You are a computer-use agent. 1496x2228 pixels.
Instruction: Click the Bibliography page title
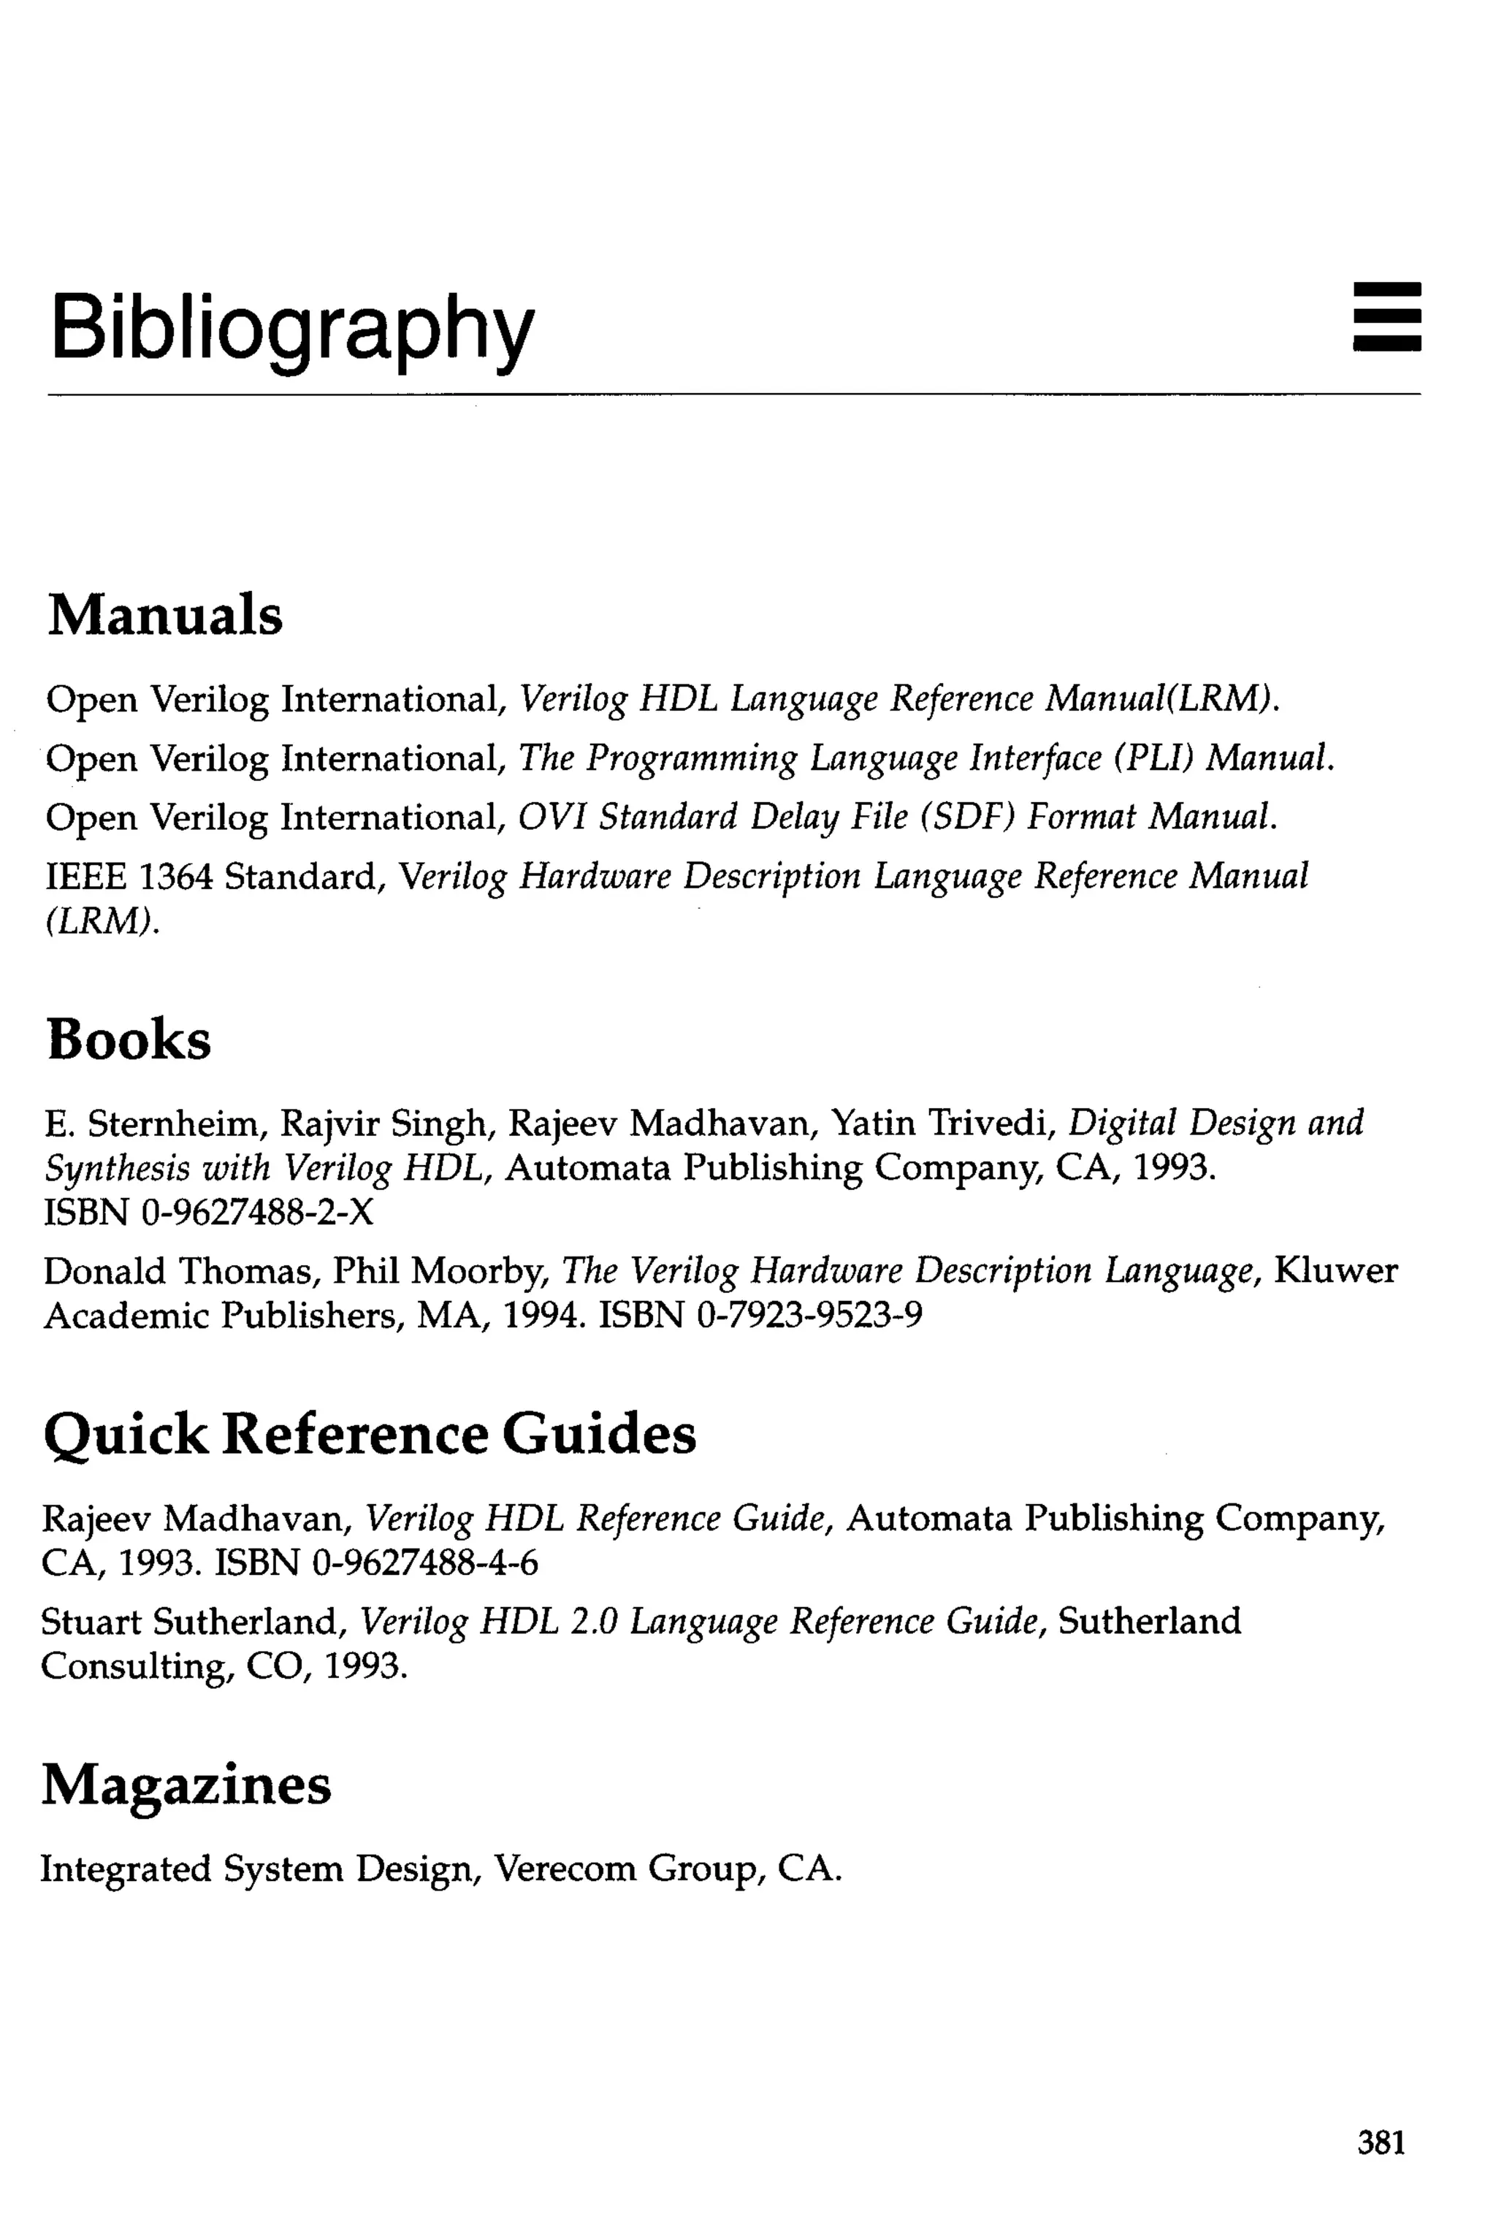pos(292,329)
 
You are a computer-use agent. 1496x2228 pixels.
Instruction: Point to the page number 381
pos(1381,2142)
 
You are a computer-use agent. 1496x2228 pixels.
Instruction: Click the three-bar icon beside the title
pos(1386,317)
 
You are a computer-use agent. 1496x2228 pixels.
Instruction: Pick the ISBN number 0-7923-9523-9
pos(810,1316)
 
